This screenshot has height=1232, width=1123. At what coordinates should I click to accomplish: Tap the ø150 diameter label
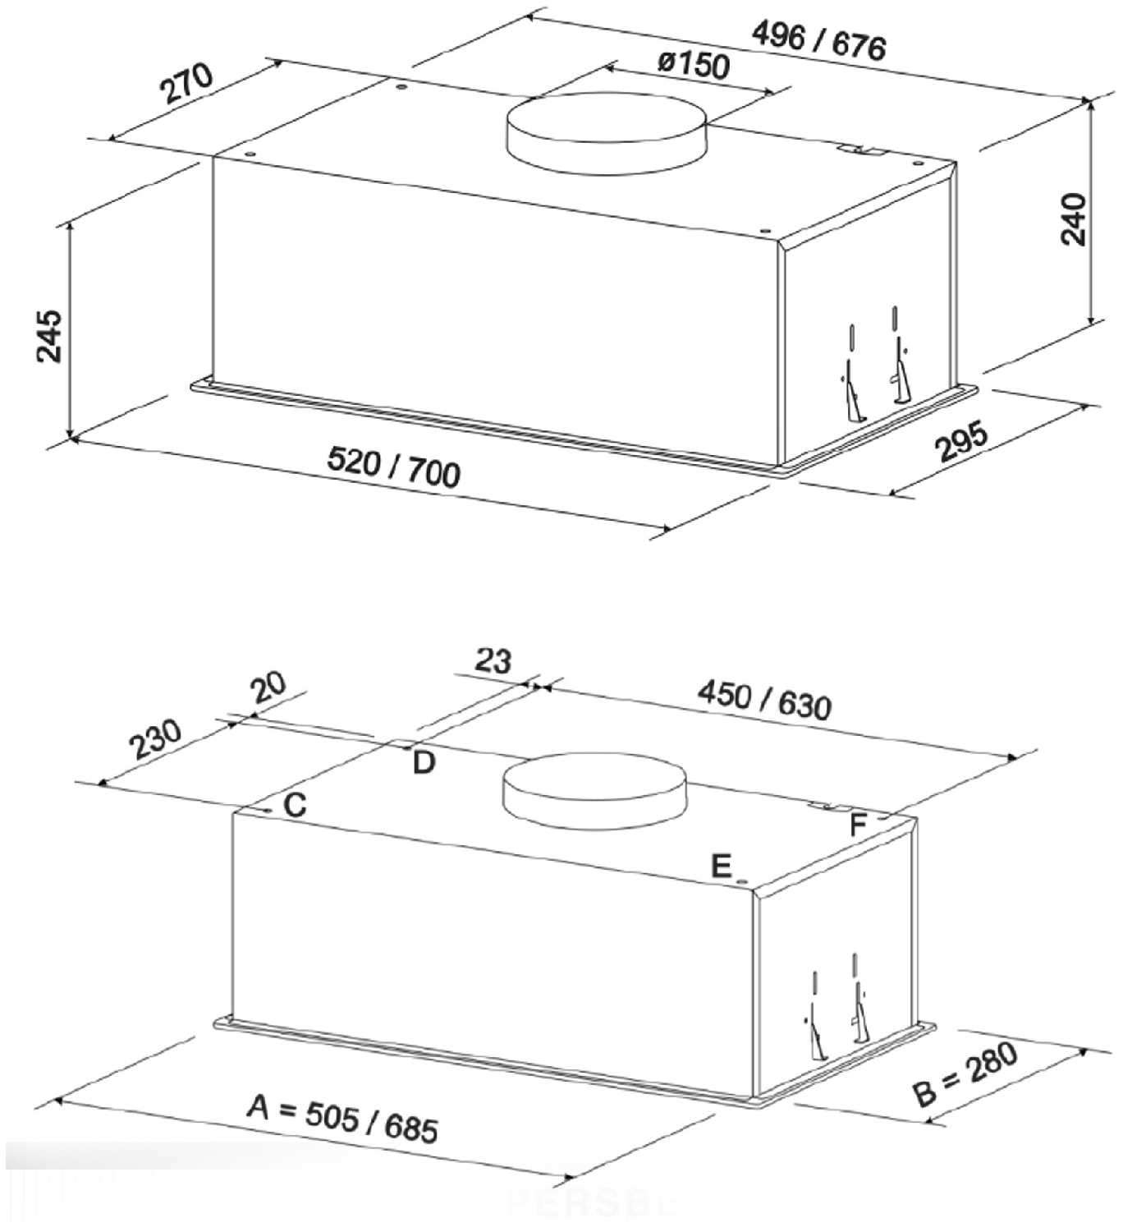694,65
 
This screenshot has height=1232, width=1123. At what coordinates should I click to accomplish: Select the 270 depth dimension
187,83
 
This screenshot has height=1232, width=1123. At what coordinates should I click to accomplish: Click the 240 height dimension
1074,219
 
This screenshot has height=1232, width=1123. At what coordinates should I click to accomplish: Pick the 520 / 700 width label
393,467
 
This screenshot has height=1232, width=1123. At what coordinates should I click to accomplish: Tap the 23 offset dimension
493,660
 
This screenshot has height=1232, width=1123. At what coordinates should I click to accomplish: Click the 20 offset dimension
269,687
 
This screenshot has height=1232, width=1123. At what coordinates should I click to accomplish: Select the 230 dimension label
156,738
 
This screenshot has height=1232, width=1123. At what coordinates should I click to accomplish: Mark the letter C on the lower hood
295,804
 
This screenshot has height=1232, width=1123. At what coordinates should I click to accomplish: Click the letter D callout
424,763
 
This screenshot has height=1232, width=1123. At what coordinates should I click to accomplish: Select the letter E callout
722,866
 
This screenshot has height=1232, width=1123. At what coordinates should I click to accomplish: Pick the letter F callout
858,825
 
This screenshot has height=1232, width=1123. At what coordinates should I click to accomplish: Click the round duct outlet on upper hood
605,133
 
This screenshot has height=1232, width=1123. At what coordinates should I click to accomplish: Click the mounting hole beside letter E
742,882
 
